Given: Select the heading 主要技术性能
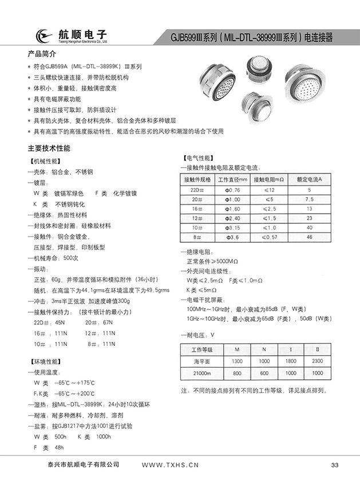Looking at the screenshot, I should point(49,148).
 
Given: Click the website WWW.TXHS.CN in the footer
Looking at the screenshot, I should point(169,465).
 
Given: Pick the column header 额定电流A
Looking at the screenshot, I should point(310,179).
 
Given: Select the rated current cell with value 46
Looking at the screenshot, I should point(310,237).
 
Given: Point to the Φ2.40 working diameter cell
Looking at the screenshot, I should point(232,218).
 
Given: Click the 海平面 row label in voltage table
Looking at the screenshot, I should point(201,362).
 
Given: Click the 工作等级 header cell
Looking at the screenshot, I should point(201,349).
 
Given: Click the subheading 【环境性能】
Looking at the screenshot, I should point(45,362).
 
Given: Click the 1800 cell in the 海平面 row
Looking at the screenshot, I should point(290,362).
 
